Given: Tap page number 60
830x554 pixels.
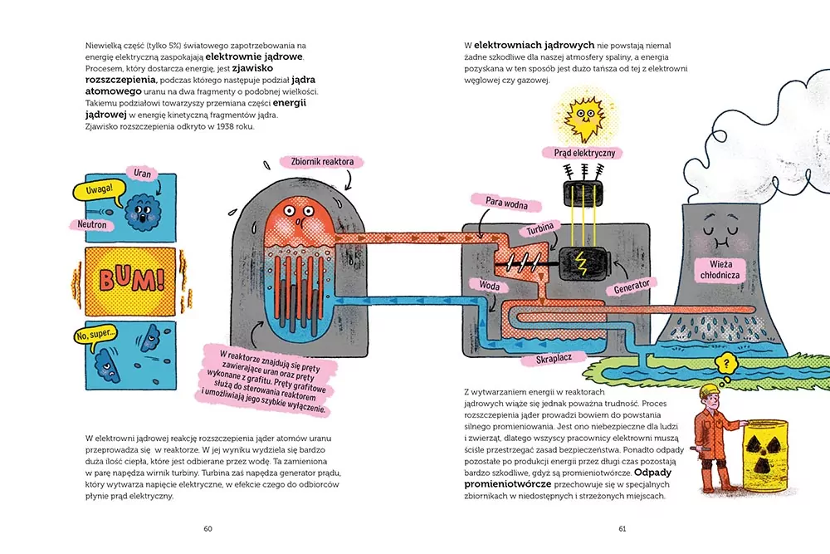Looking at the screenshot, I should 208,528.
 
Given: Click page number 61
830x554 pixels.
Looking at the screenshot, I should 622,528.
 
